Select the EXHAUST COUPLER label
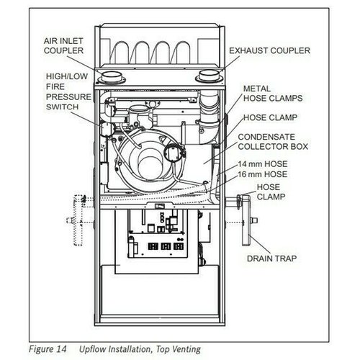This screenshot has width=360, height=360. [269, 51]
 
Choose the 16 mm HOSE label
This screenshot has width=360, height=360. [263, 174]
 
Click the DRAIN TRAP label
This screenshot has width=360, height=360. [275, 257]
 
